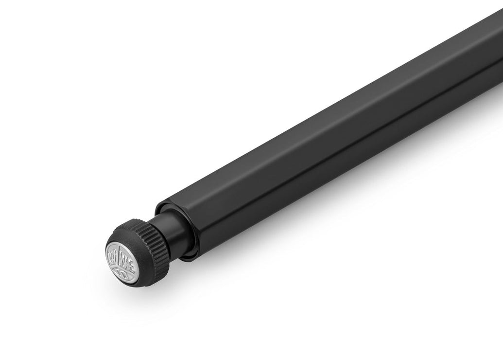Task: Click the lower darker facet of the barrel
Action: (x=340, y=146)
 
